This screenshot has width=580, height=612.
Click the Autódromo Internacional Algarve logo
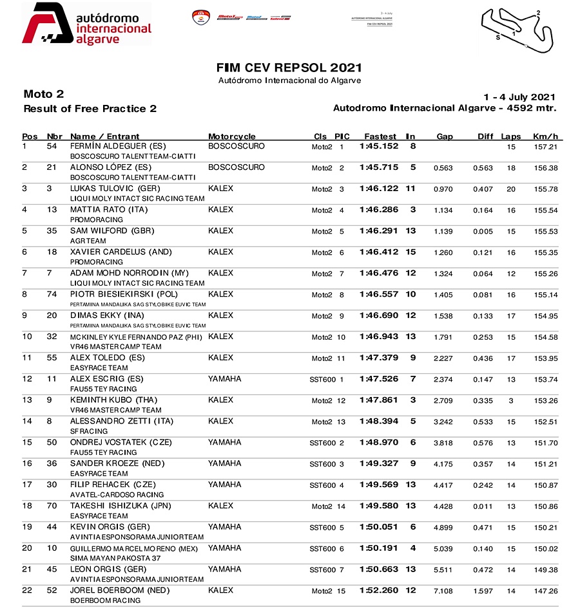[87, 24]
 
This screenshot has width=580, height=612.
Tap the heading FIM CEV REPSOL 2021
[289, 68]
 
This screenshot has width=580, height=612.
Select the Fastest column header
[380, 136]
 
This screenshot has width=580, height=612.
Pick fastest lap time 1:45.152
[379, 146]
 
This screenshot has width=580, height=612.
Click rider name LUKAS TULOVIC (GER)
[110, 189]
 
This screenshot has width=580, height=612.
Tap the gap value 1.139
[444, 231]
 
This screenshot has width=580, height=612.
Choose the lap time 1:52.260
[379, 591]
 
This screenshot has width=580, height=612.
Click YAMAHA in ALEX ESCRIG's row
[225, 379]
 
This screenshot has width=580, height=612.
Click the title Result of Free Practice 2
[90, 109]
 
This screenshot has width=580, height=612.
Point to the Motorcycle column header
[232, 136]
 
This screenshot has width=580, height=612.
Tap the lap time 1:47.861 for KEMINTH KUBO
[379, 400]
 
